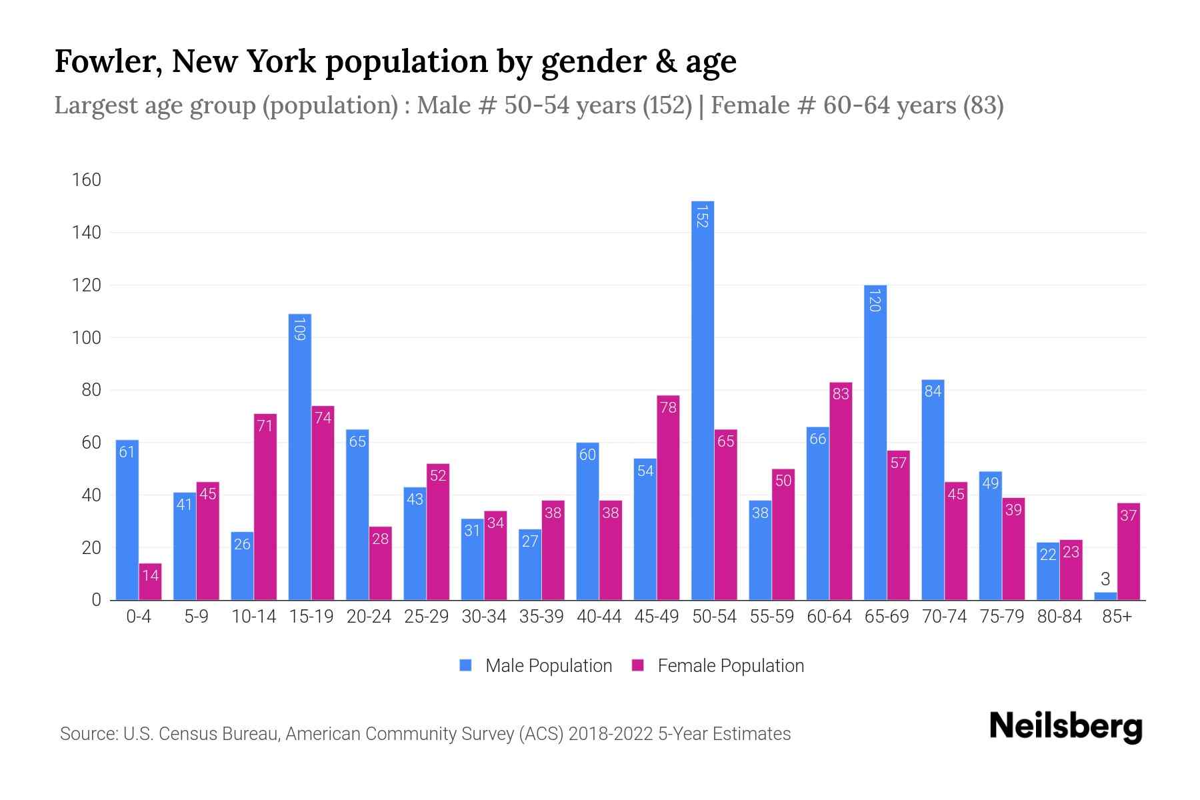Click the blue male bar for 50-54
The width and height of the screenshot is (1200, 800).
click(x=703, y=400)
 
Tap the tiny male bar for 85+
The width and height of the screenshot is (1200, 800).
click(x=1105, y=596)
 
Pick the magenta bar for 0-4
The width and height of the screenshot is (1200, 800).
click(x=151, y=581)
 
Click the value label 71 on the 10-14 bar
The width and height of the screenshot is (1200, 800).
click(x=265, y=425)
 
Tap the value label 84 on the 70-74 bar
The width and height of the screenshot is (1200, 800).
click(x=933, y=391)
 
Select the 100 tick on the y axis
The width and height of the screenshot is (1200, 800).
click(x=87, y=338)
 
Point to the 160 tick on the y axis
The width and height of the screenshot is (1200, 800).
click(x=87, y=180)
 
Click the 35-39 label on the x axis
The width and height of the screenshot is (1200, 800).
click(x=541, y=617)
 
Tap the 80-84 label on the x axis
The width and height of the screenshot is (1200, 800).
click(x=1059, y=617)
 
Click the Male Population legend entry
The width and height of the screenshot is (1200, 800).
click(x=548, y=666)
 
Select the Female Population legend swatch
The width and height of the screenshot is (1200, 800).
click(x=638, y=665)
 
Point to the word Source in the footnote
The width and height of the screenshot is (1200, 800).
click(x=88, y=734)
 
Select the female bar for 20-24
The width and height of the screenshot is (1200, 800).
click(x=381, y=563)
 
